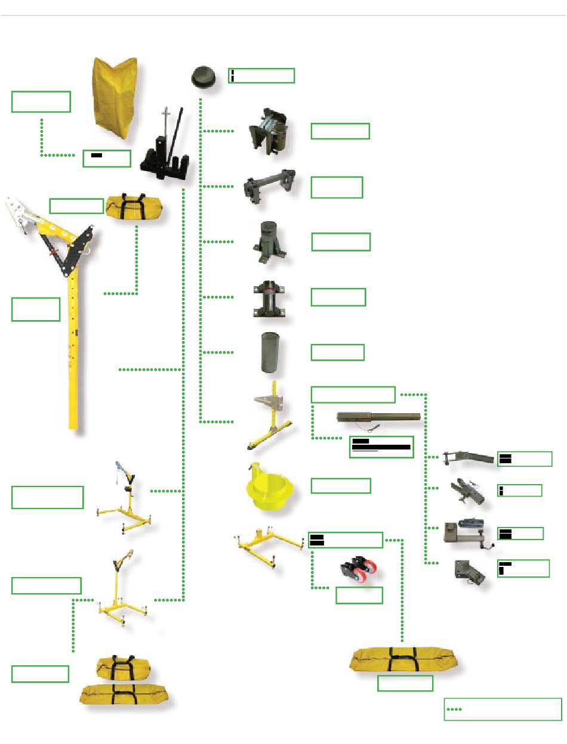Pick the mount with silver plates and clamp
click(270, 132)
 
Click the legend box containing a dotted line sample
click(503, 709)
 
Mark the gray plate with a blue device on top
click(468, 530)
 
